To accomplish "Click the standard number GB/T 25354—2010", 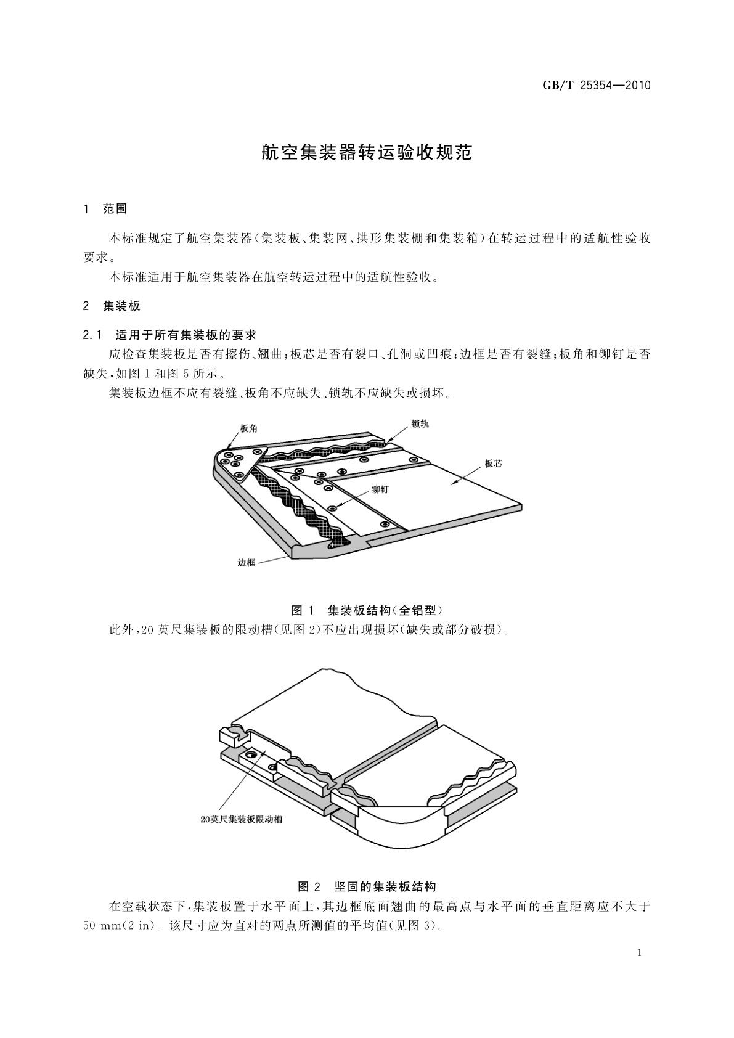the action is (x=597, y=85).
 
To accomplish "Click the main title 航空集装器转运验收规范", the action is (x=367, y=152).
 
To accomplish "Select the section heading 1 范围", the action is (x=105, y=209).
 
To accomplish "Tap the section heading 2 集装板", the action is (x=111, y=306).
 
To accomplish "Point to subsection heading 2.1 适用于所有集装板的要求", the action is (x=169, y=335).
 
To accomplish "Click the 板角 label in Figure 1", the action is (x=249, y=428).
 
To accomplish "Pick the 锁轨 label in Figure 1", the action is (x=420, y=423).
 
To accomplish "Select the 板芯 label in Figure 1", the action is (x=494, y=464).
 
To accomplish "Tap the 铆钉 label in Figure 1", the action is (x=380, y=490).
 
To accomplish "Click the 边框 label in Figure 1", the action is (x=247, y=563).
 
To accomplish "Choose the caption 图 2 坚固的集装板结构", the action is (x=367, y=887).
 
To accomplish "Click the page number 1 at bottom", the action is (x=640, y=953).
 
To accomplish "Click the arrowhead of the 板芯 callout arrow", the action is (x=455, y=483).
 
